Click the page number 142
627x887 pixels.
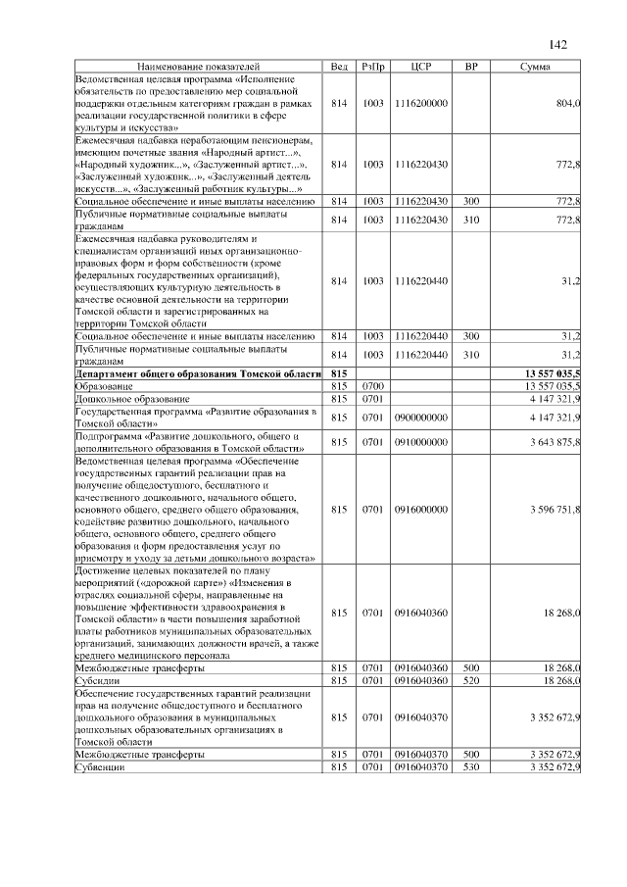pos(558,44)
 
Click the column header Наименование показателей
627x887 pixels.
pos(199,66)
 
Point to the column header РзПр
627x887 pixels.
pos(372,66)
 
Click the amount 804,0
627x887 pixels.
pos(568,102)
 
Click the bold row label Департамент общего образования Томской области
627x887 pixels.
pos(198,374)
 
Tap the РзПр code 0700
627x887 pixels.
pos(372,387)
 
